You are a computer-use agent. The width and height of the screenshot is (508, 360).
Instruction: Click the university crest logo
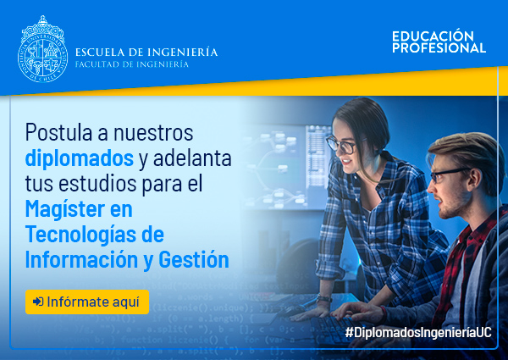tap(43, 49)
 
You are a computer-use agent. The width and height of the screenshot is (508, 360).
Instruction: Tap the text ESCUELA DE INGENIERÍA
tap(146, 53)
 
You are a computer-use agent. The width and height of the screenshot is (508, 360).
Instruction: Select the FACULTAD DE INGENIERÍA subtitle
tap(132, 64)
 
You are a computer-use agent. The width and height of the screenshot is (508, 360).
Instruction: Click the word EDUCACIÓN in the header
tap(433, 36)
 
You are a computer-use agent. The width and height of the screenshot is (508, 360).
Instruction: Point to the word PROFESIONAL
tap(439, 47)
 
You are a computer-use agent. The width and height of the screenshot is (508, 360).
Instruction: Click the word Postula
tap(58, 132)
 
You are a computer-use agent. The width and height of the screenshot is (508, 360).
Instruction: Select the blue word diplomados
tap(80, 158)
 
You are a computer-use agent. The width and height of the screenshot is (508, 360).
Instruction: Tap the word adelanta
tap(192, 158)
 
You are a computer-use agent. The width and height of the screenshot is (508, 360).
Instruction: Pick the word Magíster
tap(65, 209)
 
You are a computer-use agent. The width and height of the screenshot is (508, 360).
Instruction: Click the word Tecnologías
tap(81, 234)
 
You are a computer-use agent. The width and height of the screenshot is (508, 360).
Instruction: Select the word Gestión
tap(194, 259)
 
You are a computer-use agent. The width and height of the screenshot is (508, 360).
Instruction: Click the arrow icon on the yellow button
tap(38, 302)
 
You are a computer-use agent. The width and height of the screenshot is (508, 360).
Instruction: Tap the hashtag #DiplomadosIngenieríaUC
tap(418, 332)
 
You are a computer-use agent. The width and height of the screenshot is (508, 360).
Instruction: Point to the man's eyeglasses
tap(448, 174)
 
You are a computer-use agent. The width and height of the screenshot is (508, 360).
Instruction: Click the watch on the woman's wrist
tap(324, 299)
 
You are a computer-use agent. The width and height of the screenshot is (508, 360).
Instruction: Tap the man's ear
tap(474, 180)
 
